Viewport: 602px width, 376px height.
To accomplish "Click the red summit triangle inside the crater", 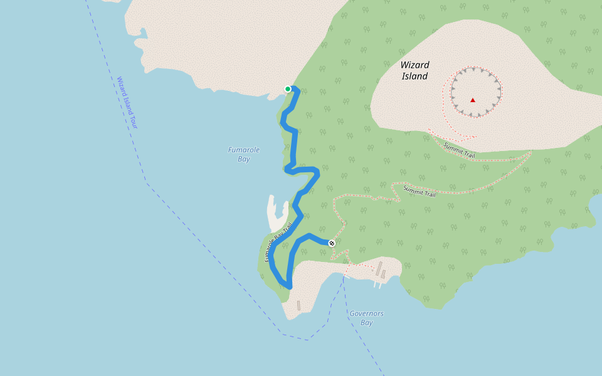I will [473, 100].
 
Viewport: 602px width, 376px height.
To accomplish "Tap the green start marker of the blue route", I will [288, 89].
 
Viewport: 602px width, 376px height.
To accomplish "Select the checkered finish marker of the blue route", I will [332, 243].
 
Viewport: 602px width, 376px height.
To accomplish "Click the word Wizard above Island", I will [415, 65].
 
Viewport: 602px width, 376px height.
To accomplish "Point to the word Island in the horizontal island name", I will [415, 76].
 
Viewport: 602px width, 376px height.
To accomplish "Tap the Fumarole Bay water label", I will [244, 154].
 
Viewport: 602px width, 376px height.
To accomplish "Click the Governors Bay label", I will [367, 318].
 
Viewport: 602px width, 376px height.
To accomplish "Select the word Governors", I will [367, 313].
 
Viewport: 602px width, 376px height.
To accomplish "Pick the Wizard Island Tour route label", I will [127, 103].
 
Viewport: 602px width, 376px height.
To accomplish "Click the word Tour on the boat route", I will [133, 121].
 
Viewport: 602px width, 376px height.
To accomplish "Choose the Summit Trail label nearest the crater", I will [460, 150].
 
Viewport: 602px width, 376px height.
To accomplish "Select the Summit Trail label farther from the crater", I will [420, 191].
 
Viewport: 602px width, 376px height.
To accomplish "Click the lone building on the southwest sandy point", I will [298, 306].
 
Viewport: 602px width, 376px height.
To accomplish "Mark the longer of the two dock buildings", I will [378, 269].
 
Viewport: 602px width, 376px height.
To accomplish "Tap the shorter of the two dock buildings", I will [383, 274].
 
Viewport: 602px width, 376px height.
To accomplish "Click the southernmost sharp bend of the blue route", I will [289, 286].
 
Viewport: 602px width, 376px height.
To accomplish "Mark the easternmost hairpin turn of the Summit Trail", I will [531, 152].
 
